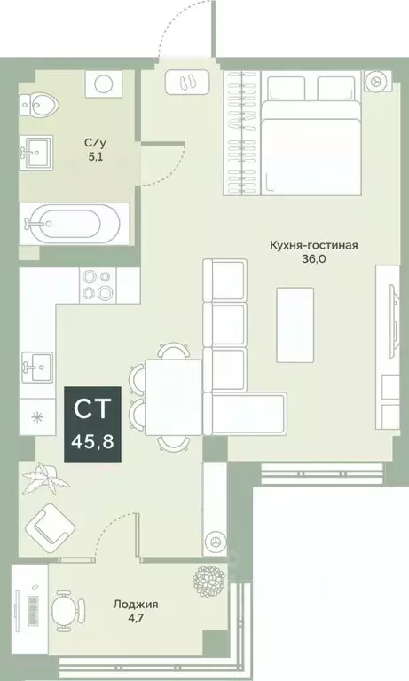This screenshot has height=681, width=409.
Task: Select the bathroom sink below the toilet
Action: pyautogui.click(x=38, y=153)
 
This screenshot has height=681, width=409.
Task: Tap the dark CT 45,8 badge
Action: pyautogui.click(x=92, y=424)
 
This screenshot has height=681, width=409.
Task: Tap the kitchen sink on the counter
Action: pyautogui.click(x=38, y=363)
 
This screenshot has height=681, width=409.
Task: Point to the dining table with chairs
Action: pyautogui.click(x=174, y=394)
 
